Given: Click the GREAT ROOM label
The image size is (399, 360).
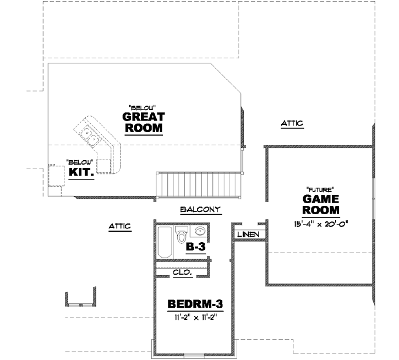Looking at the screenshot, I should pos(143,123).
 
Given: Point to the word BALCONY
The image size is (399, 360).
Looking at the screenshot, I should pos(200,209).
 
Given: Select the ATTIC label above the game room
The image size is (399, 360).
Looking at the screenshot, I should pos(292,124).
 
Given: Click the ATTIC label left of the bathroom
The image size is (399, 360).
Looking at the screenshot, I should pos(120,226).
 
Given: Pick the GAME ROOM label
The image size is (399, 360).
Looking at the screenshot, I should pos(321,204).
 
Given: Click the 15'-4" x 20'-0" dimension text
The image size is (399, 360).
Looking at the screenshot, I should pos(322,223).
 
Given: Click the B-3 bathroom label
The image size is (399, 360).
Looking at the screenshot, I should pos(195,247).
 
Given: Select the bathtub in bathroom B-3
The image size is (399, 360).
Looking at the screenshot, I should pos(165,243).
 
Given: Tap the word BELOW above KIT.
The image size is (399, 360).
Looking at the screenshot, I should pos(79,161).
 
